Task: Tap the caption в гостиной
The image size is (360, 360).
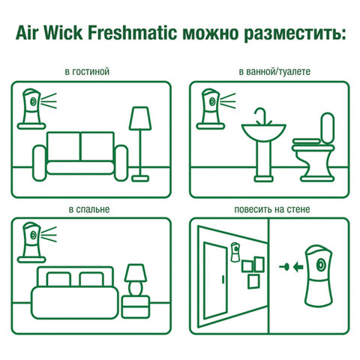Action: coord(88,72)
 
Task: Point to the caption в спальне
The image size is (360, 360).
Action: coord(88,207)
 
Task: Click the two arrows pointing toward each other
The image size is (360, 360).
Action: coord(288,265)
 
